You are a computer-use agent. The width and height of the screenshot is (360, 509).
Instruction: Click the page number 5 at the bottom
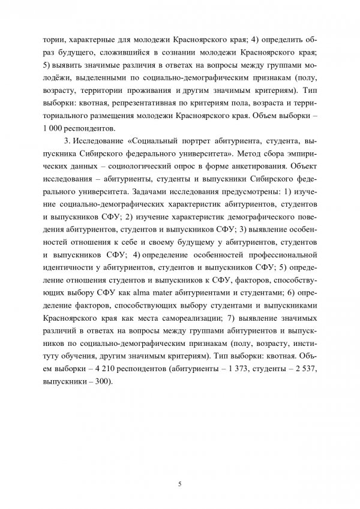180,482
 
